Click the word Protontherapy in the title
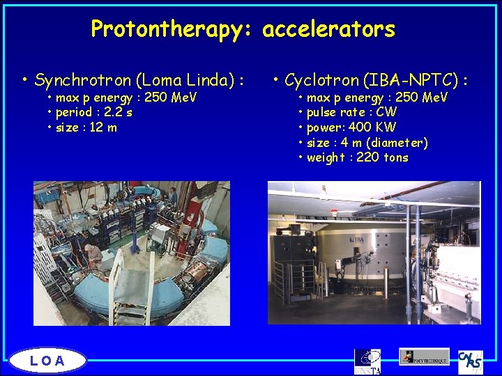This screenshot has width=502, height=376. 173,29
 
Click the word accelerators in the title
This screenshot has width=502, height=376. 328,29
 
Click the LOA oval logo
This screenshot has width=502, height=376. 48,360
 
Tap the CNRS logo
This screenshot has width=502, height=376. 470,361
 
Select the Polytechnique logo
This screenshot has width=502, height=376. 424,357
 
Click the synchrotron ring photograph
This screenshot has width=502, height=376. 132,253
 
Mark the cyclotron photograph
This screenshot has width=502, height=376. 374,253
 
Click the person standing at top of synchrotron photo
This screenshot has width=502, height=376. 172,197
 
